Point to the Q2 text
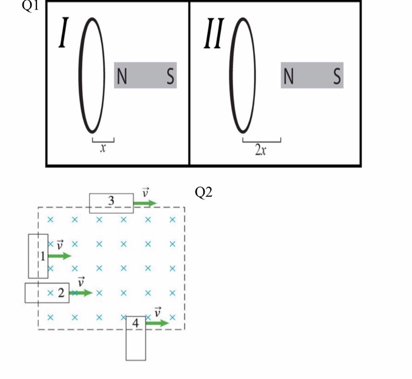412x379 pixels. (x=202, y=194)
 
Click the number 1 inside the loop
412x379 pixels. (x=42, y=255)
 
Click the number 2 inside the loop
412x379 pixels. (x=61, y=292)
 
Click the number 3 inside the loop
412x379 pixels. (x=112, y=202)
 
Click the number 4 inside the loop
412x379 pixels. (x=136, y=323)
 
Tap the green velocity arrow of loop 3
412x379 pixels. (x=145, y=203)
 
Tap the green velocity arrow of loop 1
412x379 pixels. (x=59, y=256)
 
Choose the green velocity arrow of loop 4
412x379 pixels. (x=157, y=323)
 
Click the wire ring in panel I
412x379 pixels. (x=81, y=75)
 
